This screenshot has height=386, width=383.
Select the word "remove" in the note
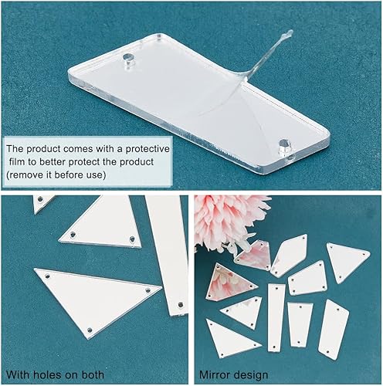click(26, 175)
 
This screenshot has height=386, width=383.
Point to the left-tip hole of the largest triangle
click(45, 274)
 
